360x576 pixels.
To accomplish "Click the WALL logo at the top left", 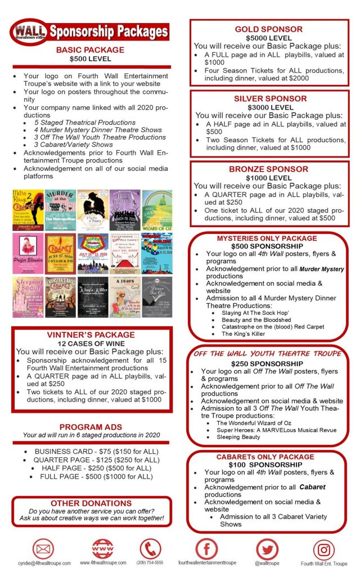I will click(x=29, y=30).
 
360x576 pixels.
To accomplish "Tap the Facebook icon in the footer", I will click(x=207, y=548).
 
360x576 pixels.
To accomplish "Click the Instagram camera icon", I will click(x=323, y=549).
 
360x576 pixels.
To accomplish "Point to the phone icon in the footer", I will click(x=150, y=548).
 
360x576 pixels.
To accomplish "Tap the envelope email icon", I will click(x=43, y=548).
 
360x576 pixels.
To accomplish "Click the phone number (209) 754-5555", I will click(x=150, y=562).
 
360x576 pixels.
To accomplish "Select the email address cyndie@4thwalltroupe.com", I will click(x=44, y=562).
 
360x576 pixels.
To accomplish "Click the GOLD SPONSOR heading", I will click(x=268, y=29).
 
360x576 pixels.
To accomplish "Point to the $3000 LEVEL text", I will click(x=268, y=107).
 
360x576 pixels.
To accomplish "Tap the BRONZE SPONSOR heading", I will click(x=268, y=169).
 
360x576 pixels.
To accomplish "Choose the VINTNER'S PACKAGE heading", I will click(x=91, y=335).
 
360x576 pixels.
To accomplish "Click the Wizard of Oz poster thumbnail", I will click(x=157, y=210).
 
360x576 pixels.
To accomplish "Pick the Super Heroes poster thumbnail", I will click(x=92, y=253).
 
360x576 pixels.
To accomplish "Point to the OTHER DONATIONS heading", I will click(x=91, y=503).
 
